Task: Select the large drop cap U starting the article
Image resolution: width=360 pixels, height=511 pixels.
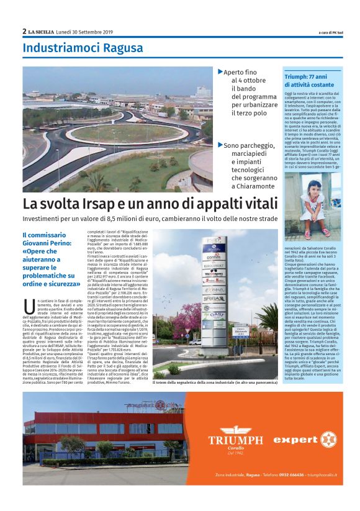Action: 29,307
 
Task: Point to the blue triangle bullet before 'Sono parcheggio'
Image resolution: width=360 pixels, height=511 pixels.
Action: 220,145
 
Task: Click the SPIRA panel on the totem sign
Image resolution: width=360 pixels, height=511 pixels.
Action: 214,297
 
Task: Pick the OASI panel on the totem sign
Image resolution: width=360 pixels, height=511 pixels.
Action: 214,315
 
